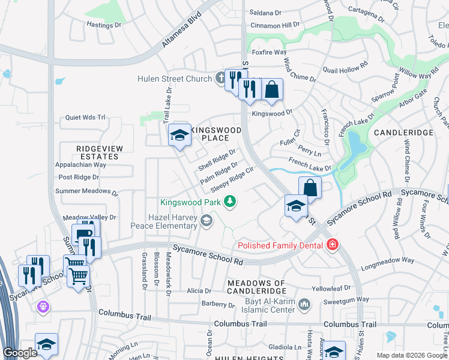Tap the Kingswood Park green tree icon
(229, 202)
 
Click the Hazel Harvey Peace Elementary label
(164, 221)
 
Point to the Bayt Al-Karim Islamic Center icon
(304, 305)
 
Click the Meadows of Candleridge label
(256, 287)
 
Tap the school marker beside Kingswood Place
(179, 136)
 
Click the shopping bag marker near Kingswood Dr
(271, 90)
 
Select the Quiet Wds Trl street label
(85, 118)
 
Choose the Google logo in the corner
(20, 353)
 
